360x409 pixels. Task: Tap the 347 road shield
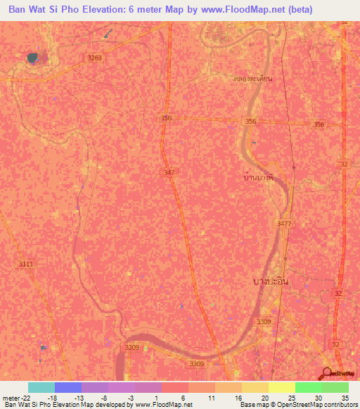[169, 172]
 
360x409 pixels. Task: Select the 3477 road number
[284, 223]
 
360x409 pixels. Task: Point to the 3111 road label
[25, 264]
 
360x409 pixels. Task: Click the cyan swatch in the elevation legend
[41, 387]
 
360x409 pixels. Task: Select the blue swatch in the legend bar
[68, 387]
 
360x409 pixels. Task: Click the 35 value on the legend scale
[345, 397]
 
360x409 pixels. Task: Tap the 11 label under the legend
[211, 397]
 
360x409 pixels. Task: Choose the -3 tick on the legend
[131, 397]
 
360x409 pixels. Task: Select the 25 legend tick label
[291, 397]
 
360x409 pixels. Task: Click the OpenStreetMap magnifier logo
[328, 372]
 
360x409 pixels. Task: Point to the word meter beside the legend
[12, 397]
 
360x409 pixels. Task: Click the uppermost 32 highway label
[343, 22]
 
